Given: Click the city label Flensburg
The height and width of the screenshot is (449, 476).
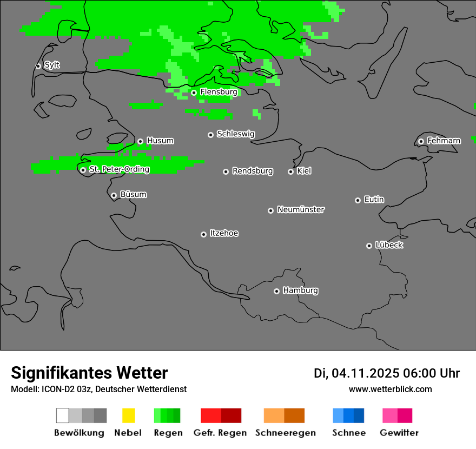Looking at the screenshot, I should tap(219, 92).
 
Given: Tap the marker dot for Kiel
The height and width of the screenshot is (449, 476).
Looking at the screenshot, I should tap(290, 171).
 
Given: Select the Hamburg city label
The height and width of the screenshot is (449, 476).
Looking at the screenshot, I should tap(300, 290).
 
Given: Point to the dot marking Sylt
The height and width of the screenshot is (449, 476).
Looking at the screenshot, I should tap(38, 66).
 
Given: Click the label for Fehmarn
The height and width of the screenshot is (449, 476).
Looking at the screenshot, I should tap(444, 141).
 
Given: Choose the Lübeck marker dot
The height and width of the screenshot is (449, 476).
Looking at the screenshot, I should tap(369, 246).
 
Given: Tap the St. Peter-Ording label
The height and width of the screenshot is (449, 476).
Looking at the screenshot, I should tap(119, 169).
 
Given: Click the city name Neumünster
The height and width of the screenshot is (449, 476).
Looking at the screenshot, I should tap(301, 209).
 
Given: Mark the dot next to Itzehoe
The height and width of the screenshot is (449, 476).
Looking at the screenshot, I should tap(203, 234).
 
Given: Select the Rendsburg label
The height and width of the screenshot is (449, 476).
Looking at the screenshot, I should tap(253, 171).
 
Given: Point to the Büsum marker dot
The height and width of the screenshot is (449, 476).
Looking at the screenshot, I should tap(114, 195).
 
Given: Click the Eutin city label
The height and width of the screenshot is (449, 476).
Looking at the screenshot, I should tap(374, 200).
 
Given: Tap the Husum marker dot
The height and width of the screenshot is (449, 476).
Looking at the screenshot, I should tap(140, 141).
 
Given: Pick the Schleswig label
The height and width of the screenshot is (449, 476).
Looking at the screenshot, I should tap(235, 134).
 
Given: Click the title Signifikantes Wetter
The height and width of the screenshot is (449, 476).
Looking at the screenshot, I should tap(89, 373).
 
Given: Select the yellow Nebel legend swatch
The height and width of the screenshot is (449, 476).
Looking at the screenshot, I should tap(128, 415).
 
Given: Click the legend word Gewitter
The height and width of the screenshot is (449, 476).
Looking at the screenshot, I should tap(399, 433).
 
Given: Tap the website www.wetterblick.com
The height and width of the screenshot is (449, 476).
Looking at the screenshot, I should tap(390, 389).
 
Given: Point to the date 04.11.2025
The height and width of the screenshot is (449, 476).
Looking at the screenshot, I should tap(365, 373).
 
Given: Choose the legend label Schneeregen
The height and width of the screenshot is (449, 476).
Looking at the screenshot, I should tap(285, 433).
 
